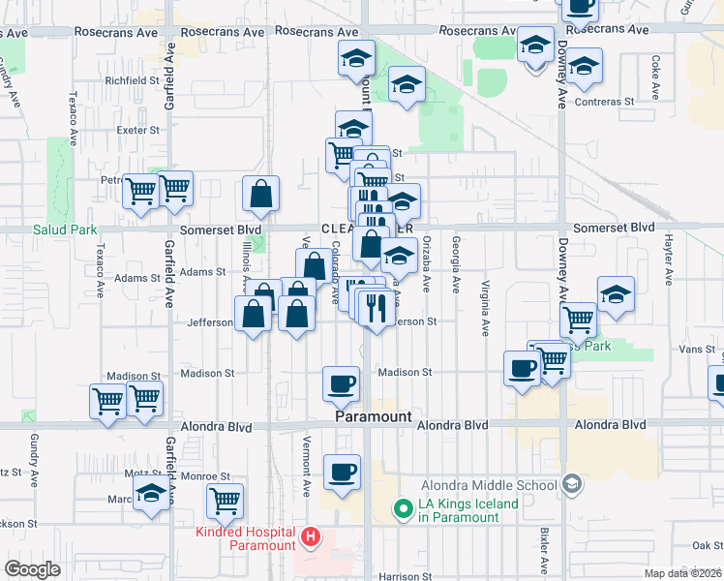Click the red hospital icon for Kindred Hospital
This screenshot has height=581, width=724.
pyautogui.click(x=310, y=535)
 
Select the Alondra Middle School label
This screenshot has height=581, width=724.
pyautogui.click(x=491, y=485)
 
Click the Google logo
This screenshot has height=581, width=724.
pyautogui.click(x=33, y=569)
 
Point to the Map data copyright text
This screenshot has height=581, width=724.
pyautogui.click(x=683, y=573)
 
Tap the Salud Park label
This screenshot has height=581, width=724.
pyautogui.click(x=65, y=229)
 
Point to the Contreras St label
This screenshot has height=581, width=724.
pyautogui.click(x=603, y=101)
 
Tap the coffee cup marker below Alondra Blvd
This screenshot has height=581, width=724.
pyautogui.click(x=342, y=473)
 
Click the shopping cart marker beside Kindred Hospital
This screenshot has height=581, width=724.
pyautogui.click(x=225, y=501)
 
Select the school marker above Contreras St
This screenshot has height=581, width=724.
pyautogui.click(x=584, y=66)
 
